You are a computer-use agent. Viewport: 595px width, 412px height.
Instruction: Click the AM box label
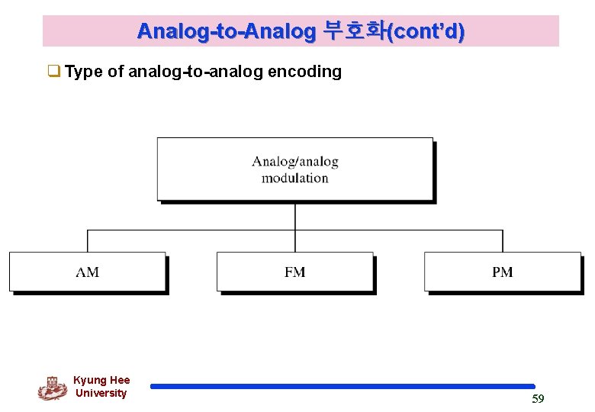point(88,272)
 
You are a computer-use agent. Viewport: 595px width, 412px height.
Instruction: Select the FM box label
point(295,272)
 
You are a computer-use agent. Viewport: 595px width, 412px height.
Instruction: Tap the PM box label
point(503,272)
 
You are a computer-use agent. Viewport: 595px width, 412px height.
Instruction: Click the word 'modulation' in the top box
point(295,179)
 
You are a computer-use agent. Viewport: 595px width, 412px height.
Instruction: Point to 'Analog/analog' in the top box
point(295,162)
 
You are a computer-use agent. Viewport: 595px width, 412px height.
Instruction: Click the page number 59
point(538,399)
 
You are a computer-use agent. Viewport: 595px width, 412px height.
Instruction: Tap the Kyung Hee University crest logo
point(52,388)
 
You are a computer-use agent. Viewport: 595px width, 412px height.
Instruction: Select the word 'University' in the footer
point(101,393)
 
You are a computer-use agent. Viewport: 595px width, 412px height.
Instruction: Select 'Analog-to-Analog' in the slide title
point(227,31)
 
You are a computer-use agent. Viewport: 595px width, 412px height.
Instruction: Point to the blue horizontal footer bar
point(343,387)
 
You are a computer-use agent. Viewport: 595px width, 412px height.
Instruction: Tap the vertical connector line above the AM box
point(88,241)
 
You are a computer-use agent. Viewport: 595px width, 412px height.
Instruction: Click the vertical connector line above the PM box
point(503,241)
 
